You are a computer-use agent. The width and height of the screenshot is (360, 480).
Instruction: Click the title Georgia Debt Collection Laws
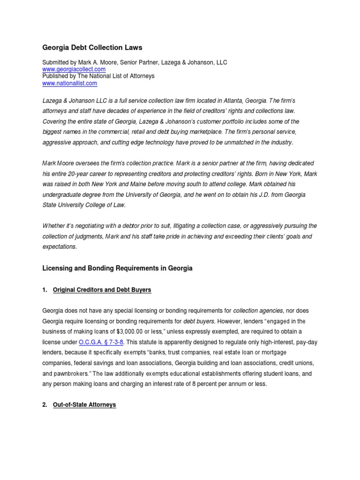coord(92,47)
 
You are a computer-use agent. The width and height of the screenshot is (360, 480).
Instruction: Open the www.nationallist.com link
coord(69,83)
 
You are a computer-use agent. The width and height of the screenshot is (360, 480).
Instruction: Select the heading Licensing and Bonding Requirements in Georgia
coord(117,269)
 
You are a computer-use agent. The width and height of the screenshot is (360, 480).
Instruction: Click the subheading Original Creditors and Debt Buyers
coord(102,290)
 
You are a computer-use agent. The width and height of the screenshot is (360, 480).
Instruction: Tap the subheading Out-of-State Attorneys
coord(84,405)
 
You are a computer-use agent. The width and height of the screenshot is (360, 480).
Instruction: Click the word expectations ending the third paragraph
coord(59,246)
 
